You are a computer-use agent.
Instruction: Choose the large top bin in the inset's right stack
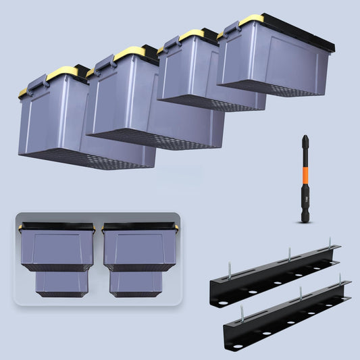pyautogui.click(x=138, y=247)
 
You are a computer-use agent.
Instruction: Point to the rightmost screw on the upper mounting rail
pyautogui.click(x=330, y=242)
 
